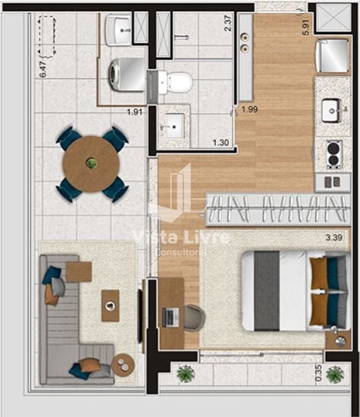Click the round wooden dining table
pyautogui.click(x=91, y=164)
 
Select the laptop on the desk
pyautogui.click(x=170, y=317)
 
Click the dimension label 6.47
pyautogui.click(x=43, y=69)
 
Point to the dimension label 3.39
pyautogui.click(x=334, y=237)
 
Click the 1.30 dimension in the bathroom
pyautogui.click(x=221, y=143)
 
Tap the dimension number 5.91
pyautogui.click(x=306, y=27)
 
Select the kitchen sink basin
pyautogui.click(x=331, y=110)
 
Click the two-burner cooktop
pyautogui.click(x=334, y=155)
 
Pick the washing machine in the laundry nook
pyautogui.click(x=128, y=75)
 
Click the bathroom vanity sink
pyautogui.click(x=174, y=126)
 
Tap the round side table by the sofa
pyautogui.click(x=123, y=365)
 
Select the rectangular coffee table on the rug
pyautogui.click(x=110, y=306)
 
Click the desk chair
pyautogui.click(x=194, y=318)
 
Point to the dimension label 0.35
pyautogui.click(x=319, y=373)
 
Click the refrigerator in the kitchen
pyautogui.click(x=332, y=56)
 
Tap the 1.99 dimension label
pyautogui.click(x=250, y=109)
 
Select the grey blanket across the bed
pyautogui.click(x=266, y=291)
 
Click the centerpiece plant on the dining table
pyautogui.click(x=91, y=163)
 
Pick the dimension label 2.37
pyautogui.click(x=228, y=23)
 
